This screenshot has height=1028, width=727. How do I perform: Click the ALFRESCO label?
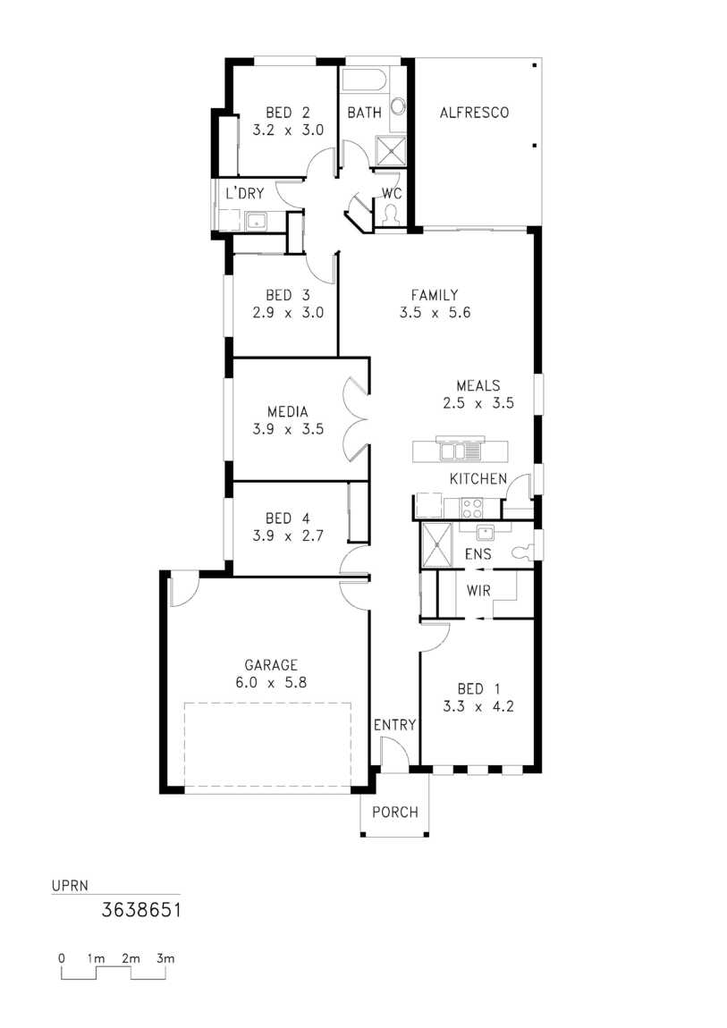474,113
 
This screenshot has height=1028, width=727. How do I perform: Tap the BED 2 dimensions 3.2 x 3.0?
288,130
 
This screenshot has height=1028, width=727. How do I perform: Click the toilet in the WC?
392,215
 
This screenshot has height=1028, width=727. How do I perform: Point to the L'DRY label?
244,193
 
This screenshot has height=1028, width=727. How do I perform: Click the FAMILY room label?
435,295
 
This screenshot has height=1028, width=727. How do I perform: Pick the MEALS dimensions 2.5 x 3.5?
478,403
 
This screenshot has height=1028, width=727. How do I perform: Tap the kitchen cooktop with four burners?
472,508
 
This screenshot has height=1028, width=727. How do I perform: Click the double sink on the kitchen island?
460,451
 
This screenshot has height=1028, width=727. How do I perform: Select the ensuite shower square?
436,544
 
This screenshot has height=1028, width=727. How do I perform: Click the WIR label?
478,591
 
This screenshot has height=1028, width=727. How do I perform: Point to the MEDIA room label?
288,412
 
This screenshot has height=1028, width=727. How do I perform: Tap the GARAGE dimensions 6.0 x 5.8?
271,682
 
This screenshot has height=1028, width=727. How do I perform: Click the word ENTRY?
394,724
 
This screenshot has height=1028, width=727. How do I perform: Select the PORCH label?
394,813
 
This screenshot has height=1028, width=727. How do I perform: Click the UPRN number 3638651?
141,910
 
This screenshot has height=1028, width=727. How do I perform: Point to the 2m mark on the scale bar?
131,958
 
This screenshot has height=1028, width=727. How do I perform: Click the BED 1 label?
478,689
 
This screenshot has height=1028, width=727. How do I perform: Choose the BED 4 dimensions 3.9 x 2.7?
288,535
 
